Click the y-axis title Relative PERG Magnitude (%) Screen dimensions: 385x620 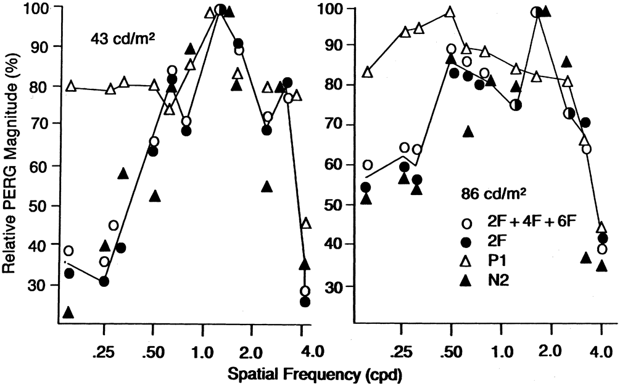[x=11, y=164]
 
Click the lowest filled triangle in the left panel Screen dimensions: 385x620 [x=68, y=312]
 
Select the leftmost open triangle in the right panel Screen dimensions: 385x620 [x=368, y=72]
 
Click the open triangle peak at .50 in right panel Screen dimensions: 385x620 [x=450, y=12]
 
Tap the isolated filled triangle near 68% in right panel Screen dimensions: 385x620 [x=468, y=131]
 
